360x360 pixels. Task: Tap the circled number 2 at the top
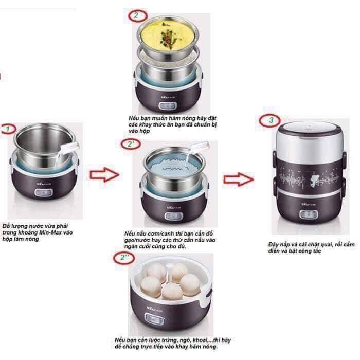[x=136, y=16]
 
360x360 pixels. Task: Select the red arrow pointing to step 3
[x=238, y=179]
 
